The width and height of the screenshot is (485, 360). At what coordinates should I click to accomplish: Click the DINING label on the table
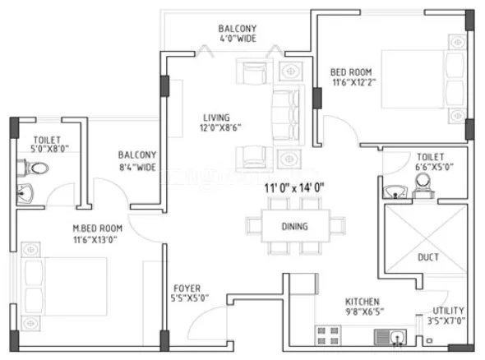293,227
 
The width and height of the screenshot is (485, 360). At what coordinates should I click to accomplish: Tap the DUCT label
427,257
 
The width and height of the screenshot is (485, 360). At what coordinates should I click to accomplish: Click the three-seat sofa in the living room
281,112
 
